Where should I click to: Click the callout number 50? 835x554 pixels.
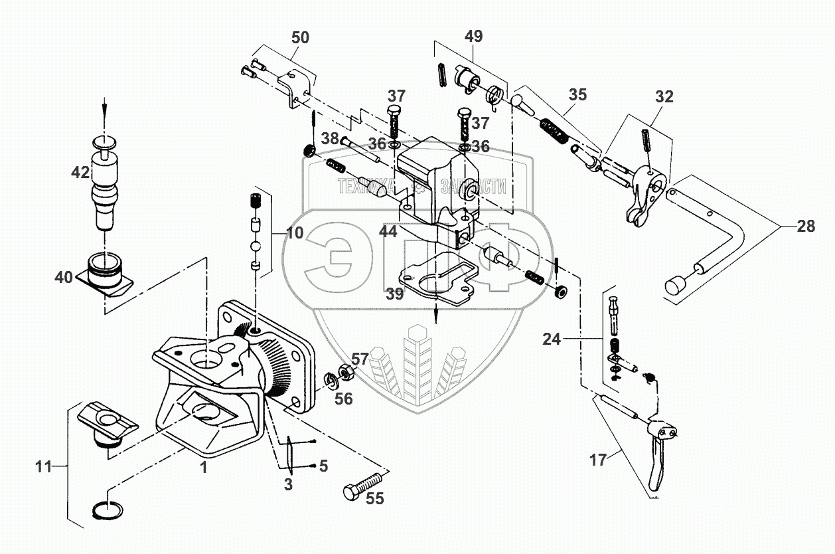tap(300, 38)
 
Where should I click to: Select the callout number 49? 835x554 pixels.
tap(473, 36)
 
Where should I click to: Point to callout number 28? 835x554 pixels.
tap(806, 227)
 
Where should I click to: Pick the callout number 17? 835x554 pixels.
tap(597, 460)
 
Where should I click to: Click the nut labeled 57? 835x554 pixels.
tap(345, 372)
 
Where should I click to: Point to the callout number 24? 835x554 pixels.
tap(551, 340)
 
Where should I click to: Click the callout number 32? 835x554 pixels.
tap(664, 97)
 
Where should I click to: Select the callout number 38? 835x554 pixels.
tap(330, 139)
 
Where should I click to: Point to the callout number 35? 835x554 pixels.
tap(577, 94)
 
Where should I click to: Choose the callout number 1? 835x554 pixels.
tap(204, 468)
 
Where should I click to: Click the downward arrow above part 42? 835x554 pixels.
tap(104, 106)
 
